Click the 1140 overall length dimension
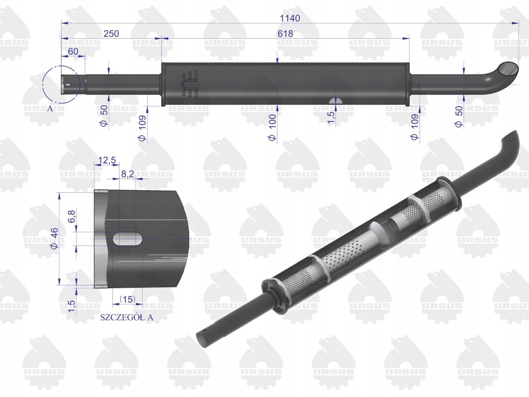point(289,18)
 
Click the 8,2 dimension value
point(127,174)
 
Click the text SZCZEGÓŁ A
point(126,317)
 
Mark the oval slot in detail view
point(128,239)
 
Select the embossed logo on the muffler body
point(190,84)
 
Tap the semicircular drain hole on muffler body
point(335,100)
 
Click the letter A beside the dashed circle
point(50,108)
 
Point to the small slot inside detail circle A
point(68,85)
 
